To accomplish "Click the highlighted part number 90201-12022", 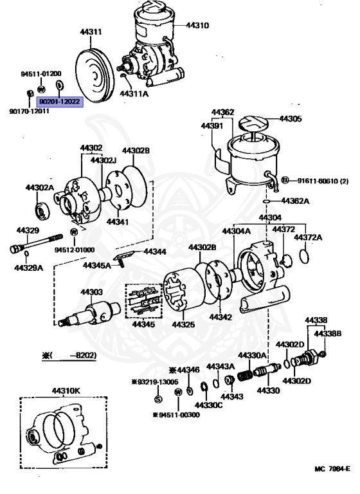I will coord(59,101).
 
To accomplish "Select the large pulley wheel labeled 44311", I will coord(94,76).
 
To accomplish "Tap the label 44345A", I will coord(97,264).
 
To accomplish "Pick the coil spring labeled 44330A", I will coord(245,374).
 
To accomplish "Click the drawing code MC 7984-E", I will coord(332,469).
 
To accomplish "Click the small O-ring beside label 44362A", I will coord(267,201).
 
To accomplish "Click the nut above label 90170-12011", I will coord(29,95).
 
